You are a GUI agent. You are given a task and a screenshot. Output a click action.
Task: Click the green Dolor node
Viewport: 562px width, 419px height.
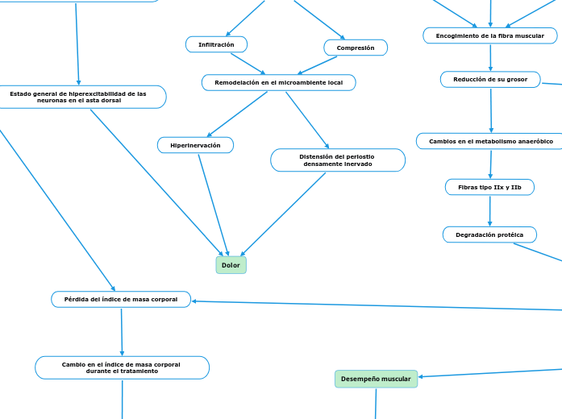231,265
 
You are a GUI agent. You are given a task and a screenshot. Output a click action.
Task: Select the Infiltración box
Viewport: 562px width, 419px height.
216,44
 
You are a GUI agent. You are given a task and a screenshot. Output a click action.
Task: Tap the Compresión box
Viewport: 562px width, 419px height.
356,48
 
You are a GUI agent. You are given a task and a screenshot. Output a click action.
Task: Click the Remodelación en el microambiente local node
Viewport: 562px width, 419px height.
278,82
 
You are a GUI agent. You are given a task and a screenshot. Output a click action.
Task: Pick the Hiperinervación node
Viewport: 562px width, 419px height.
195,145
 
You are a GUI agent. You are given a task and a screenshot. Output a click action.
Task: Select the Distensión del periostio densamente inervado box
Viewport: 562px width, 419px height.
337,160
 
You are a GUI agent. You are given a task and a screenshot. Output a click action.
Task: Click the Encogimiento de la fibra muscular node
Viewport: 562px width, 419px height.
489,35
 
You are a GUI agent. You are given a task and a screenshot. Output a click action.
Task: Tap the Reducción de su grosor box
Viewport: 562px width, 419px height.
490,79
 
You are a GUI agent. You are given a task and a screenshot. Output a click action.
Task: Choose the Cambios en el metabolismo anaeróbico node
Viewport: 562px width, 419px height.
490,141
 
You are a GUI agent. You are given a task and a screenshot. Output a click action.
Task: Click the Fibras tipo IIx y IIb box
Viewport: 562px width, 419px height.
489,187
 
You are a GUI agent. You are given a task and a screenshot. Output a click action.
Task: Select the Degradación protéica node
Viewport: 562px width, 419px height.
489,234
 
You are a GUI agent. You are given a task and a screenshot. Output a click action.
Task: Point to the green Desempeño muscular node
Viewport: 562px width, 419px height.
376,379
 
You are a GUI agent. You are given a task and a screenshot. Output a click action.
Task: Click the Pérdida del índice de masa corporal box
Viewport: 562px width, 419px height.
121,299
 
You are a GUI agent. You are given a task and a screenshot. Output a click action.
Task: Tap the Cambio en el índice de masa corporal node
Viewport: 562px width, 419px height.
122,367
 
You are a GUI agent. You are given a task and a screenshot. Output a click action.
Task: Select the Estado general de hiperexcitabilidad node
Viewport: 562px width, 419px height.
79,97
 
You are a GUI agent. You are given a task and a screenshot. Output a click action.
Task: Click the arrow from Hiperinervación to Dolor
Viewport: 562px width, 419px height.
214,205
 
